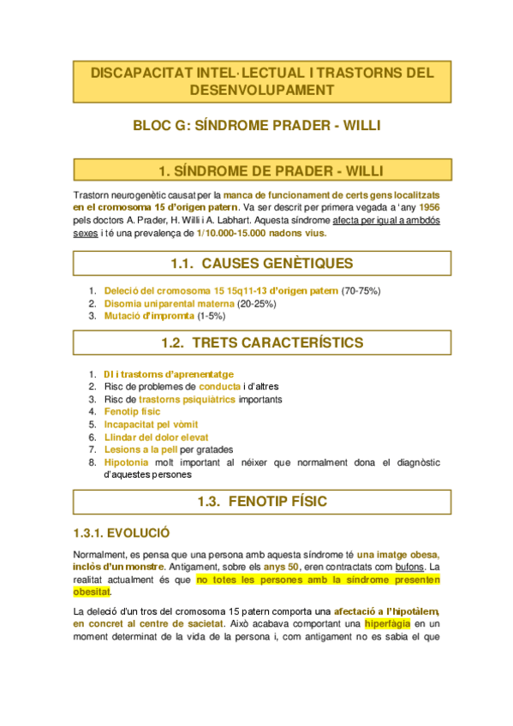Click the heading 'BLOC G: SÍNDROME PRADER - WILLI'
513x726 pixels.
coord(256,125)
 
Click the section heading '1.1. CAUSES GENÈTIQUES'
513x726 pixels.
coord(256,263)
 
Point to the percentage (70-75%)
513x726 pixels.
coord(361,291)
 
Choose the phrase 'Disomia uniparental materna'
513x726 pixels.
coord(169,303)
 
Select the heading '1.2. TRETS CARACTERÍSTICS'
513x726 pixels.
coord(256,342)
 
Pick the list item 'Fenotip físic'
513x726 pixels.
coord(132,412)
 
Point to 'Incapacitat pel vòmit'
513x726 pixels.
coord(151,424)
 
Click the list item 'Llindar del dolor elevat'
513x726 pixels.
coord(155,437)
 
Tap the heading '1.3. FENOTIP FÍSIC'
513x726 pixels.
coord(256,501)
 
